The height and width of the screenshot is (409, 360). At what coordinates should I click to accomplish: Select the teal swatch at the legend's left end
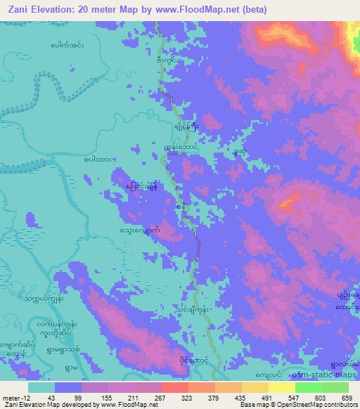click(x=41, y=387)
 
